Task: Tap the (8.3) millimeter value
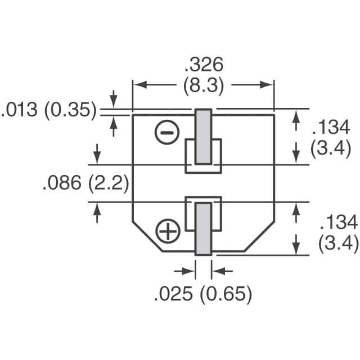pyautogui.click(x=203, y=86)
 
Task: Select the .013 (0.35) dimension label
pyautogui.click(x=49, y=110)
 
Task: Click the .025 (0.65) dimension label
pyautogui.click(x=203, y=294)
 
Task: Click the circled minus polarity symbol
pyautogui.click(x=167, y=133)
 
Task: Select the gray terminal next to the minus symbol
pyautogui.click(x=203, y=137)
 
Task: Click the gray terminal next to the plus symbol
pyautogui.click(x=203, y=228)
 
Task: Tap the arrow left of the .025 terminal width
pyautogui.click(x=190, y=271)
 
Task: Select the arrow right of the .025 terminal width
pyautogui.click(x=217, y=271)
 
